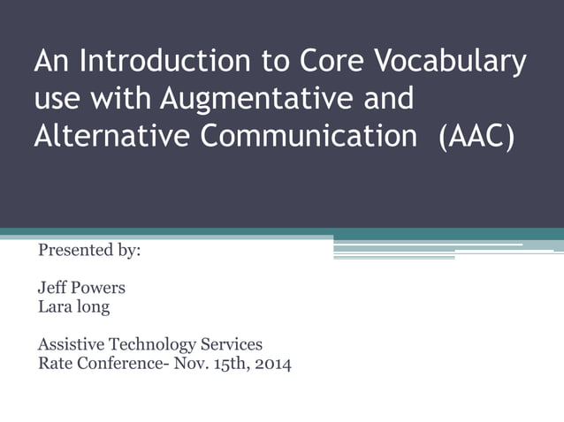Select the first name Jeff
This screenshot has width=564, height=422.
tap(51, 288)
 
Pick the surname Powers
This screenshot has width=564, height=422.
tap(101, 288)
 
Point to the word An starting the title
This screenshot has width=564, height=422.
tap(52, 63)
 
